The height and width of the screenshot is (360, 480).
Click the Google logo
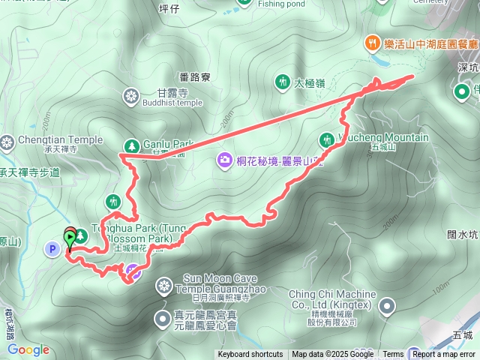pyautogui.click(x=28, y=349)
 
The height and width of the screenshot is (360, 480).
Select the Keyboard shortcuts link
pyautogui.click(x=250, y=355)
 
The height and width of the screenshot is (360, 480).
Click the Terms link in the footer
pyautogui.click(x=393, y=355)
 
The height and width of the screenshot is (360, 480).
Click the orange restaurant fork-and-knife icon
pyautogui.click(x=373, y=43)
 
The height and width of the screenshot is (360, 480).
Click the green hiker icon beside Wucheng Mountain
pyautogui.click(x=326, y=138)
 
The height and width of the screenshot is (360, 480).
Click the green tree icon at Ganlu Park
pyautogui.click(x=131, y=145)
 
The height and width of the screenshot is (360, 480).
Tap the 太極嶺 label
pyautogui.click(x=309, y=82)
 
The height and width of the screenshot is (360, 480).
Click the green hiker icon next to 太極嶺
pyautogui.click(x=282, y=80)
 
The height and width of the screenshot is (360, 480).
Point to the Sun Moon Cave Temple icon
pyautogui.click(x=164, y=286)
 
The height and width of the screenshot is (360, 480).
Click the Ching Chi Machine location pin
pyautogui.click(x=387, y=306)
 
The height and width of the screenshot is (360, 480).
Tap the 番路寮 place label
pyautogui.click(x=198, y=76)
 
